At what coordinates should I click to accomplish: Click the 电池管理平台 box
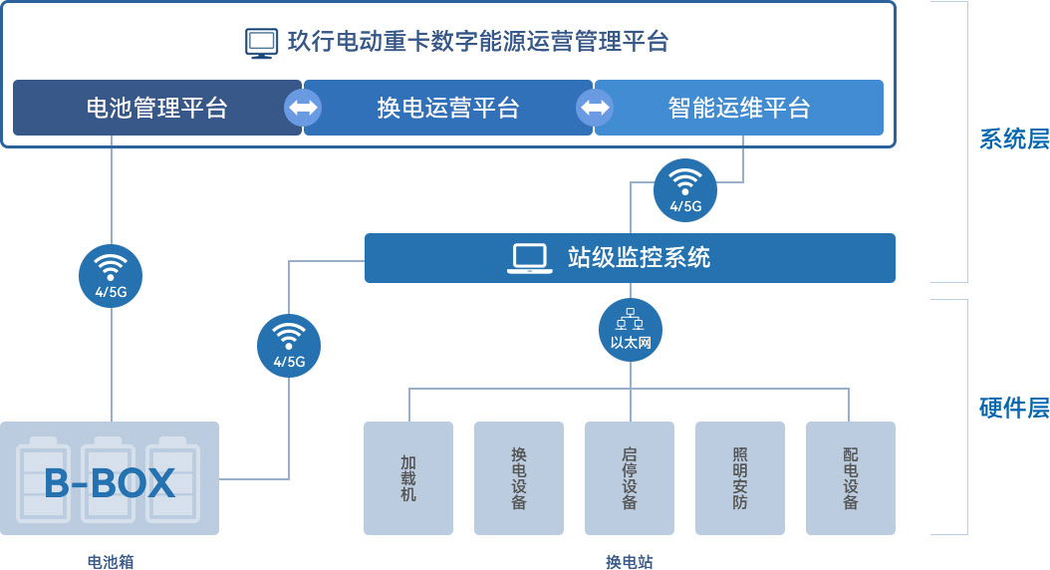156,108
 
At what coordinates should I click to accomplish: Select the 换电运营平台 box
448,108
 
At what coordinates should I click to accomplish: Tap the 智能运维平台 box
738,108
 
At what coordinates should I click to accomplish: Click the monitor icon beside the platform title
261,43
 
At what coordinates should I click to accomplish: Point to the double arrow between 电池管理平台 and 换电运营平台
303,108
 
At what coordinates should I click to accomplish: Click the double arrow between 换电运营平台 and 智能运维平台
595,108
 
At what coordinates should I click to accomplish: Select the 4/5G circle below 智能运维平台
685,189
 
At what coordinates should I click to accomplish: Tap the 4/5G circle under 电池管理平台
111,276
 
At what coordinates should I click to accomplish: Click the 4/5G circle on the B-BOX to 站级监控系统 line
289,345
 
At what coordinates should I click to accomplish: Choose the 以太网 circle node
631,329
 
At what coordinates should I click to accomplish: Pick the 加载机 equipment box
408,478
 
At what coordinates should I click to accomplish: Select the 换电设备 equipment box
519,478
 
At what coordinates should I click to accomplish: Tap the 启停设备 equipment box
630,478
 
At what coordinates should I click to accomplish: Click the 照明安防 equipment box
740,478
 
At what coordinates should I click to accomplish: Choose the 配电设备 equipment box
851,478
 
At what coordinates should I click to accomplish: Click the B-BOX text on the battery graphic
110,483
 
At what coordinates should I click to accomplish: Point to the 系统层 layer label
1014,140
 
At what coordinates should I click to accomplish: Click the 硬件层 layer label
1014,408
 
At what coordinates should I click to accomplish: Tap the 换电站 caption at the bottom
630,562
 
